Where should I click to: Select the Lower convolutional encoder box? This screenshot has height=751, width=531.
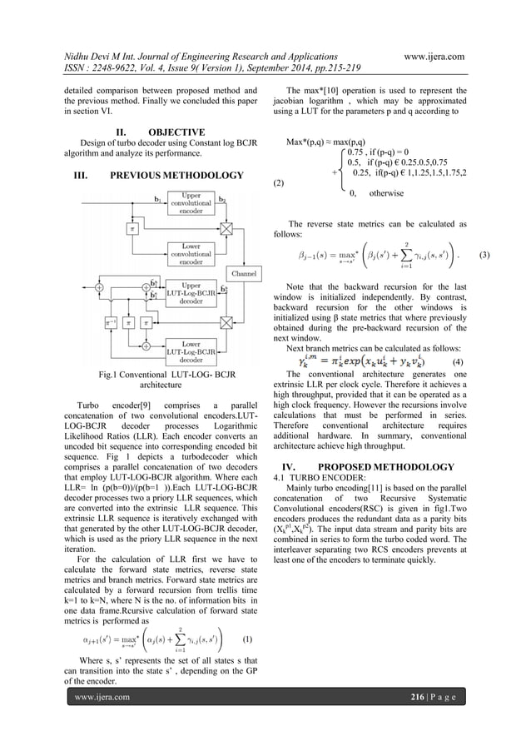click(191, 252)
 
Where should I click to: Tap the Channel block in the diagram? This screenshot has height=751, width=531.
click(243, 272)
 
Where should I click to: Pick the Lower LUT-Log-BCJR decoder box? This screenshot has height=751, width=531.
click(191, 352)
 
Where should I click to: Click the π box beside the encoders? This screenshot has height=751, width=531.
click(132, 227)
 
